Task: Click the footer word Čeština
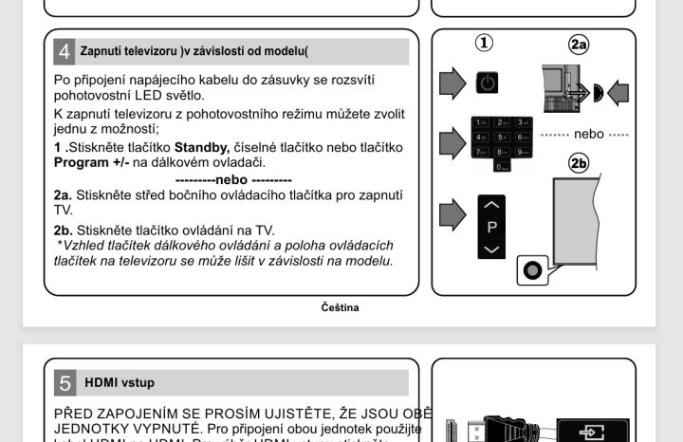[340, 307]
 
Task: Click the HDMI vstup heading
[120, 383]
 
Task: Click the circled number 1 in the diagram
[485, 44]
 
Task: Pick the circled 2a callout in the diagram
[579, 45]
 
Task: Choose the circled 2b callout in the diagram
[579, 162]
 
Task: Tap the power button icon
[486, 83]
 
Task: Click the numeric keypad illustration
[502, 142]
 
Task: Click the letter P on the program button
[491, 228]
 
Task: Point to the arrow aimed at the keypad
[453, 142]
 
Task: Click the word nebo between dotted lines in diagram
[588, 135]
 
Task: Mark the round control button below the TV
[532, 270]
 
